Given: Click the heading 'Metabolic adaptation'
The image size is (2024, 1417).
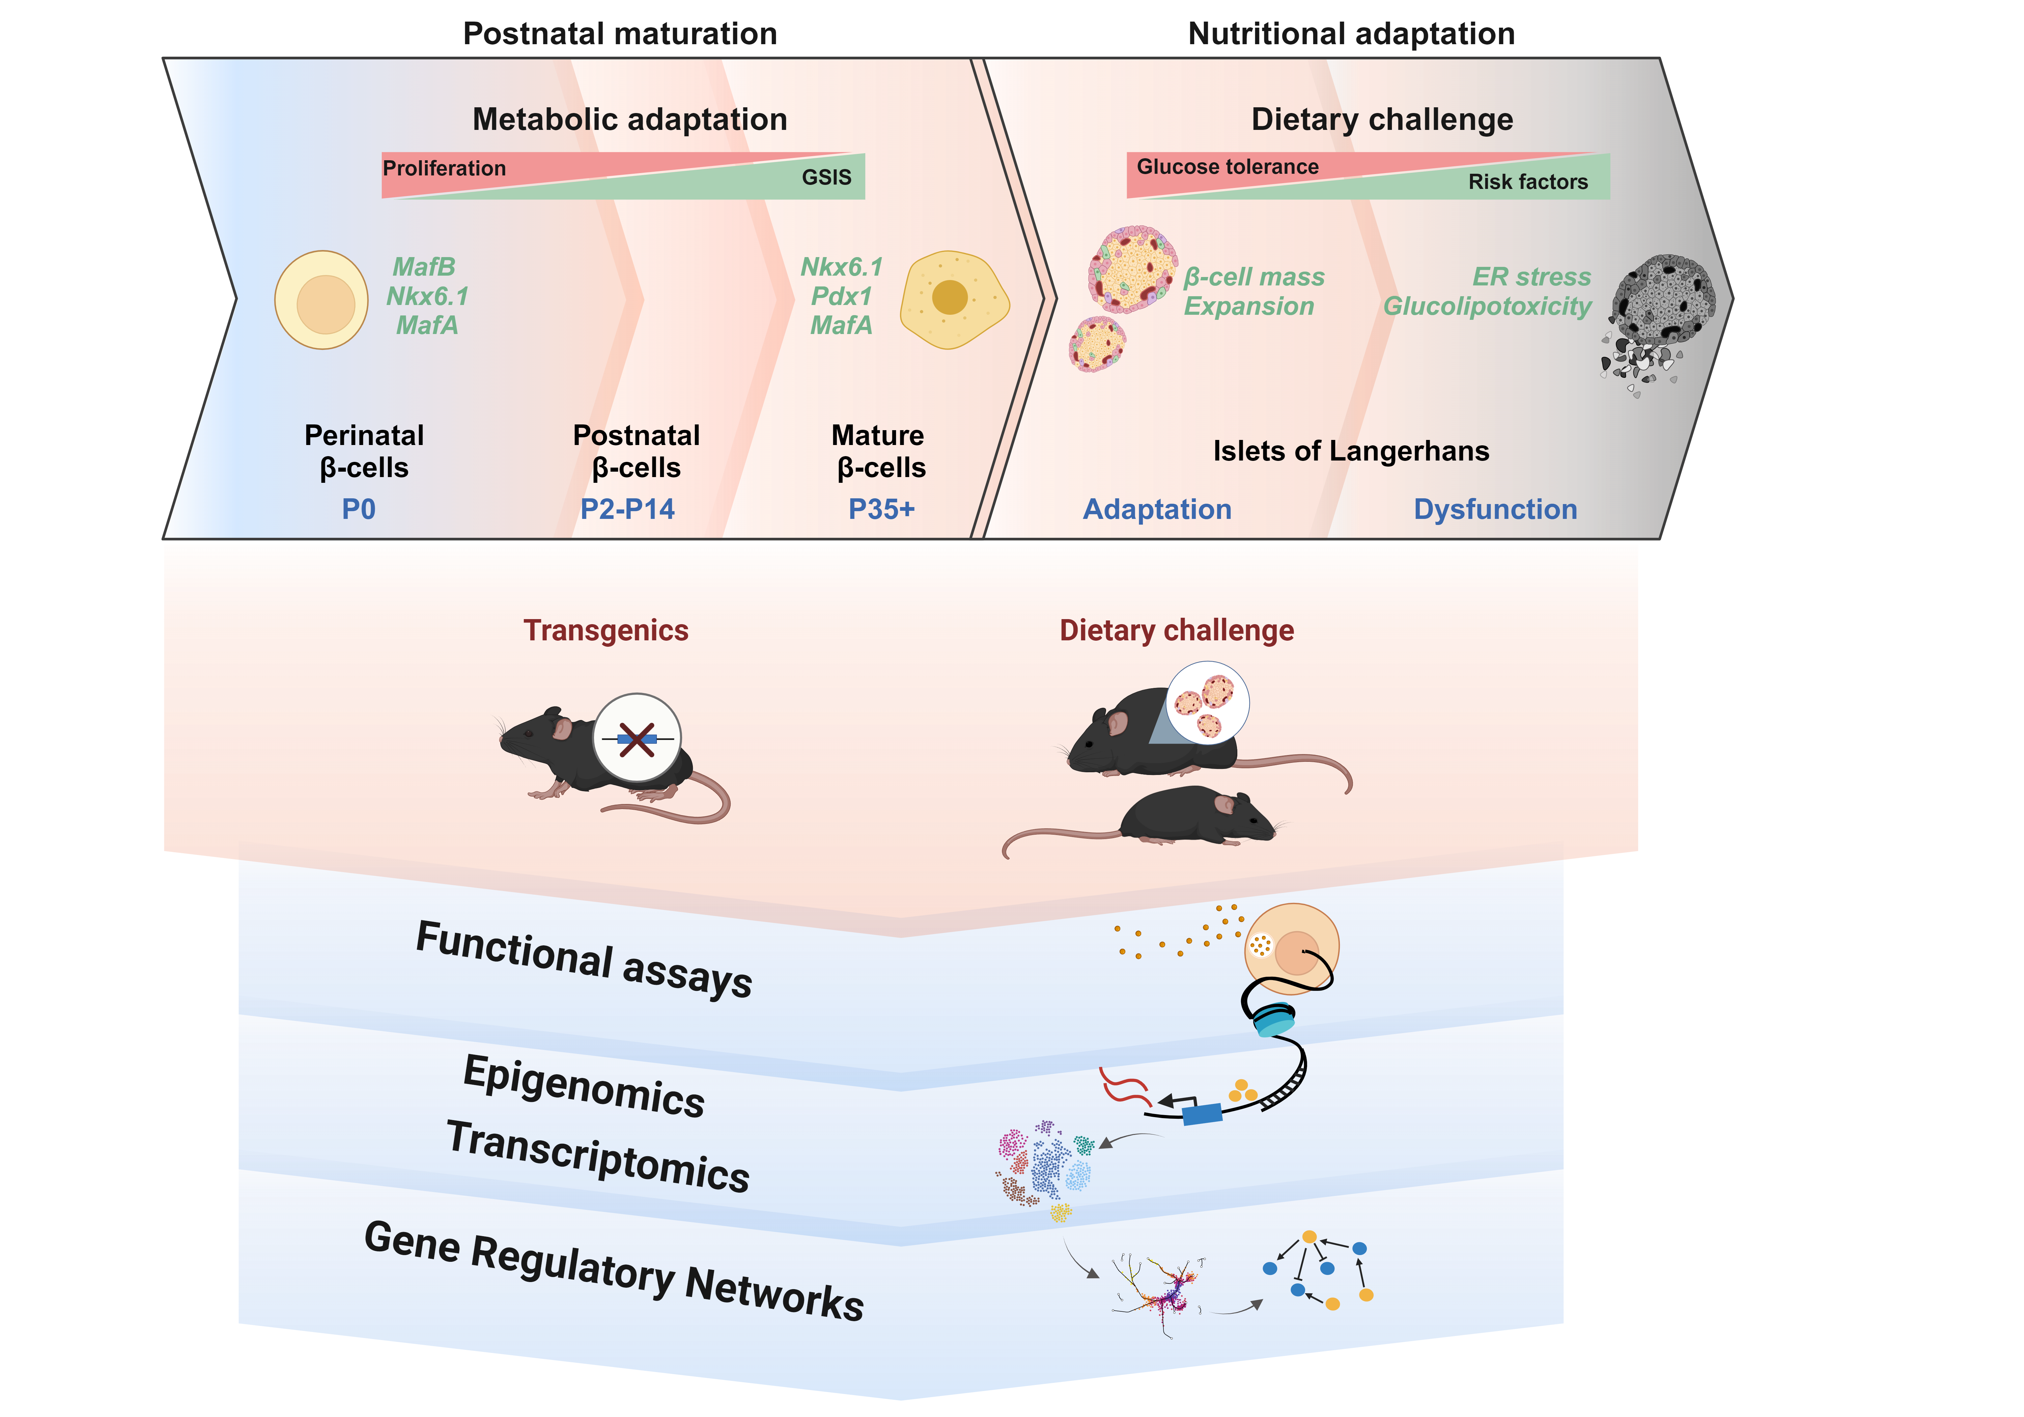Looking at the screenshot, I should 629,119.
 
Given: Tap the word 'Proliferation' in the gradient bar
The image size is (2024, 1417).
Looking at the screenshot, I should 444,168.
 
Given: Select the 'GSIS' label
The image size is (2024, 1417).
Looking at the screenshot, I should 826,177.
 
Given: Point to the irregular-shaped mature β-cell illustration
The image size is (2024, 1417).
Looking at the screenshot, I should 953,299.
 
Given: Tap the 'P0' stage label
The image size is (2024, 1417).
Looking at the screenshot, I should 359,509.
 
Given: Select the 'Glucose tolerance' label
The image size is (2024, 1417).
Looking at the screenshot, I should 1227,167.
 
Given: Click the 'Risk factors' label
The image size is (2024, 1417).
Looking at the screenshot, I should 1528,182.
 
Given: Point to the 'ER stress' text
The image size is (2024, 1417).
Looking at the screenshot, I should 1531,277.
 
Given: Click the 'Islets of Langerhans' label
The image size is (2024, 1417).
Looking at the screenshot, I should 1350,451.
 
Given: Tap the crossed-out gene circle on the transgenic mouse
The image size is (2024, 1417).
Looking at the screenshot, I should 637,738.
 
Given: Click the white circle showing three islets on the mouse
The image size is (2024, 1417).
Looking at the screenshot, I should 1207,703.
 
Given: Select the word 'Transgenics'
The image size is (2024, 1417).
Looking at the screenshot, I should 606,631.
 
